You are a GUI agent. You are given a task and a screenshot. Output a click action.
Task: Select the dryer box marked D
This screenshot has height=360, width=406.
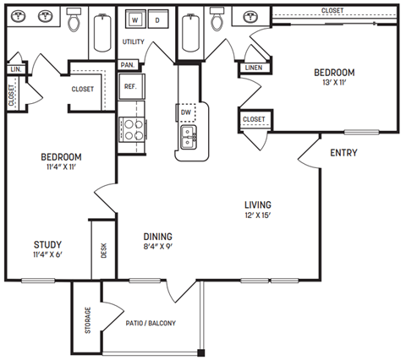click(x=157, y=21)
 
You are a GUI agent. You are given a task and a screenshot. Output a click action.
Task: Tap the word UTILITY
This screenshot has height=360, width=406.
click(x=134, y=41)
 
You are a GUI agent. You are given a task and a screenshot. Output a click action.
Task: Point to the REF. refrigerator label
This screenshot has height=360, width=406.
click(x=131, y=86)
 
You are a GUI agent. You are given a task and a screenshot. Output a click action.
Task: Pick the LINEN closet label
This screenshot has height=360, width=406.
click(x=253, y=68)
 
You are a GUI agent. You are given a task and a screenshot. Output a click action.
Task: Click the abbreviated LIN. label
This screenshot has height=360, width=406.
click(x=15, y=68)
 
